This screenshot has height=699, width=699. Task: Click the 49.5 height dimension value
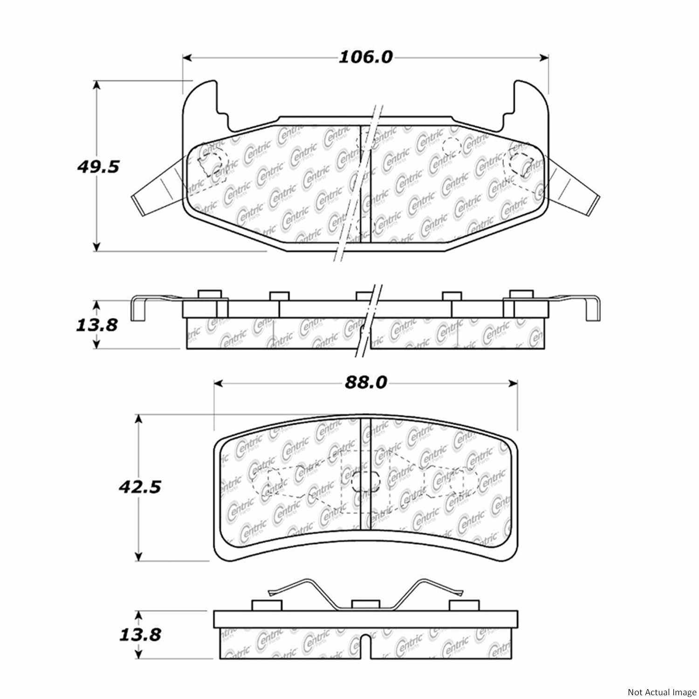98,166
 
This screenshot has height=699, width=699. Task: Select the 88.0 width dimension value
366,383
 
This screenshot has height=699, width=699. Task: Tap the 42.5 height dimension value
139,487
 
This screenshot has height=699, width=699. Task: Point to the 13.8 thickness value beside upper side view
96,324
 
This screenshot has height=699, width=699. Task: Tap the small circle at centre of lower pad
365,481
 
